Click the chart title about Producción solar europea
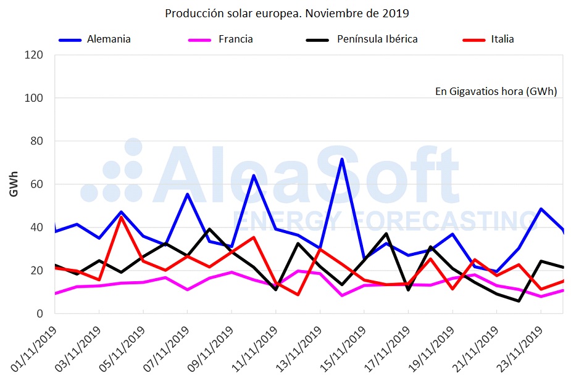point(286,13)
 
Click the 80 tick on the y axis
point(37,141)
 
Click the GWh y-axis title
point(14,184)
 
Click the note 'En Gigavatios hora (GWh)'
point(496,91)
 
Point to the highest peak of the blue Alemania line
point(341,159)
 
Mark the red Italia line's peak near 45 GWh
point(122,217)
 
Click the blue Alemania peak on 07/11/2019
point(188,194)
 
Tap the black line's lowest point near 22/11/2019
point(519,301)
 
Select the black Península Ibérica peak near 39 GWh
point(209,229)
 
